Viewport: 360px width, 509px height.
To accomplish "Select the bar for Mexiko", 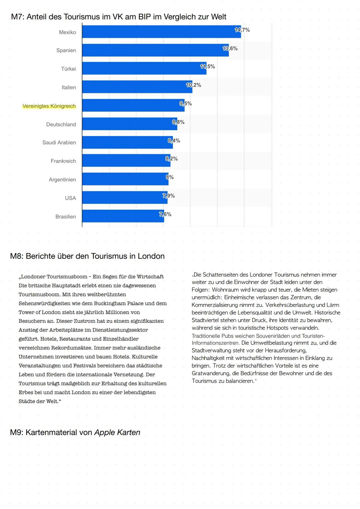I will point(161,32).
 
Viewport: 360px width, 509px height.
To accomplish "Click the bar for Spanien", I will point(155,50).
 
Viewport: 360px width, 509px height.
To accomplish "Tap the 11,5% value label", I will point(207,67).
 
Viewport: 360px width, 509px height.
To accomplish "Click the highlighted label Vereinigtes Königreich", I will point(49,106).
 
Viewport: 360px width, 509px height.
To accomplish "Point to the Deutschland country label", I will point(61,124).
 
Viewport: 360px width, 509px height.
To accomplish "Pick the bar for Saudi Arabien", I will point(127,142).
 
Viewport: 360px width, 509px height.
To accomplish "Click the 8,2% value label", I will point(171,159).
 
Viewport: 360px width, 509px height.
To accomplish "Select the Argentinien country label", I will point(62,180).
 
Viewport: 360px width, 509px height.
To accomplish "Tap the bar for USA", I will point(125,198).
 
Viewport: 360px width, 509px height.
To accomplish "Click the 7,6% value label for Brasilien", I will point(165,214).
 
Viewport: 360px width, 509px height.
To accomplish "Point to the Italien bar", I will point(137,87).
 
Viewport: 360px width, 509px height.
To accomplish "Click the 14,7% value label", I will point(242,30).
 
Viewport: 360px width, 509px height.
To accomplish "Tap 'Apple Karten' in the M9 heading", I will point(117,432).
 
